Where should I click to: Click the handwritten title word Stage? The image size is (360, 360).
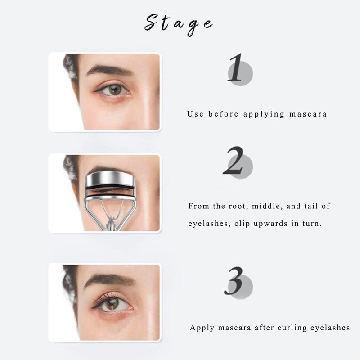pos(178,23)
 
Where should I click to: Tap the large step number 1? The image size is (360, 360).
pos(235,68)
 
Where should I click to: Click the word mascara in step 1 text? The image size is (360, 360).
pos(308,114)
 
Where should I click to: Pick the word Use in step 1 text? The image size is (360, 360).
pos(195,114)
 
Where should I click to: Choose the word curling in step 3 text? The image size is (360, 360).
pos(287,328)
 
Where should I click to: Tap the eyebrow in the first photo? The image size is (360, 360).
pos(110,71)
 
